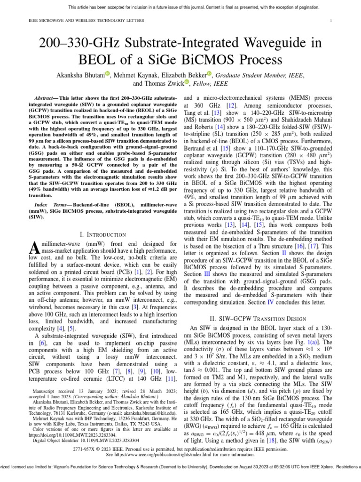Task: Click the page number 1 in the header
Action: [331, 21]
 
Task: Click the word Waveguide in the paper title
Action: [267, 43]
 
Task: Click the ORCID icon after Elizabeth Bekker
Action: [210, 73]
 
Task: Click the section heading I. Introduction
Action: [102, 234]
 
